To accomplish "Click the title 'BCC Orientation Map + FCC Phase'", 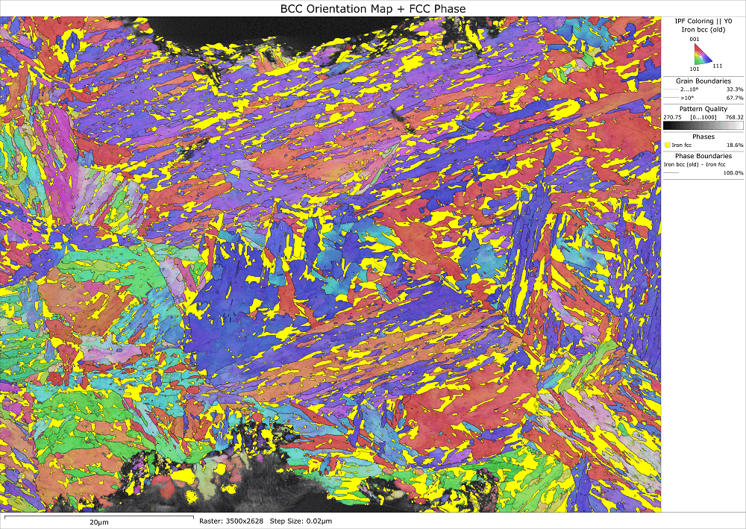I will (372, 7).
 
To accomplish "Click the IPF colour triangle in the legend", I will (702, 54).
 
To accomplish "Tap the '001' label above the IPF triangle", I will (695, 40).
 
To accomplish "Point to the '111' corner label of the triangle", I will (718, 66).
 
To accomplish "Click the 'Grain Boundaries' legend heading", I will (703, 81).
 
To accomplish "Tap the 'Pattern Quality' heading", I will (703, 109).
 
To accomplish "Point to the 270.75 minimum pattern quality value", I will (673, 117).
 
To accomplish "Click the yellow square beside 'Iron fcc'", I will (668, 145).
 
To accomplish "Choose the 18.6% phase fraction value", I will (735, 145).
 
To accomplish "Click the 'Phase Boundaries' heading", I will (703, 154).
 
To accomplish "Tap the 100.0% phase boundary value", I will (733, 172).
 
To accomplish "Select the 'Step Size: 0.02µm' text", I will (301, 521).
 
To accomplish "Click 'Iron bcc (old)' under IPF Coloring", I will (703, 29).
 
